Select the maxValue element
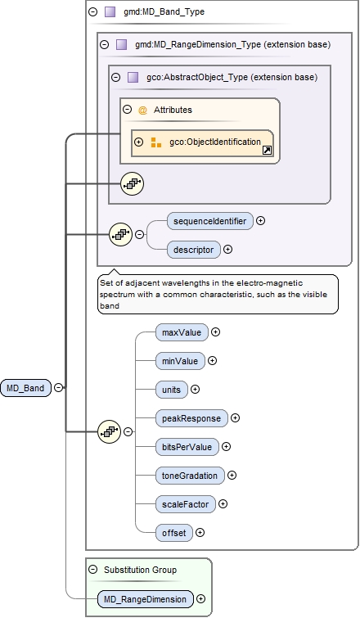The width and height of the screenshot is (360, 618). coord(182,332)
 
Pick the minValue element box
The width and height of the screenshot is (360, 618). coord(180,360)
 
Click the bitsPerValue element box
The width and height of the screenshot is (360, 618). coord(187,446)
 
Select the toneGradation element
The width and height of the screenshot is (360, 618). coord(190,475)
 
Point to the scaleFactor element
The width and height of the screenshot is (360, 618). coord(185,504)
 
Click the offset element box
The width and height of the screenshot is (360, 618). coord(173,533)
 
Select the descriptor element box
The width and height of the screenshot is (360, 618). coord(193,249)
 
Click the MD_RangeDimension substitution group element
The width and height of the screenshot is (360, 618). coord(145,599)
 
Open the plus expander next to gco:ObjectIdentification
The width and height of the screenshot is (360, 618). coord(138,142)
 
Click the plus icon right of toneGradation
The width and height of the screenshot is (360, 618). coord(232,475)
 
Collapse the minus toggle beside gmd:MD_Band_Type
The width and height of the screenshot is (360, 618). coord(92,12)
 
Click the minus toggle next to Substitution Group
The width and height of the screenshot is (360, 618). coord(92,569)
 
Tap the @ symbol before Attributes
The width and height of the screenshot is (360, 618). coord(142,110)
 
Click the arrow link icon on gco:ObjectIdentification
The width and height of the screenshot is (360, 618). coord(266,151)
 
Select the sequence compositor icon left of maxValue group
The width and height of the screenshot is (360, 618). coord(109,431)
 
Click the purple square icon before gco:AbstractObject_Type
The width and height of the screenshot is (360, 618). coord(133,77)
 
